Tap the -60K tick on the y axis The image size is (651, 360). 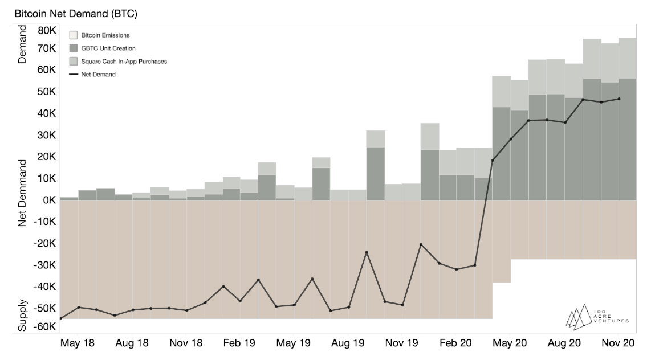point(44,327)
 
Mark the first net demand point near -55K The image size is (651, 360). point(60,318)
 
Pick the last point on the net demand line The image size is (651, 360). point(619,99)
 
